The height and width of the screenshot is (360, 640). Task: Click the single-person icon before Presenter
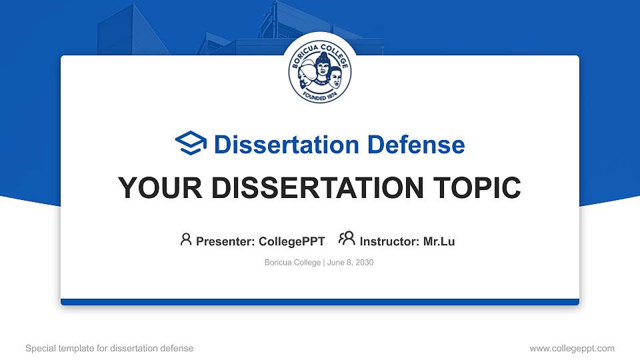pos(186,239)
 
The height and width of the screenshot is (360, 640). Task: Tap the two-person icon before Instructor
pos(347,239)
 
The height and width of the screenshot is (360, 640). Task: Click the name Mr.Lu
pos(439,241)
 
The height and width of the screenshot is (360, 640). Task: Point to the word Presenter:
pos(225,241)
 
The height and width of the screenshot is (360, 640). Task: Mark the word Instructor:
pos(390,241)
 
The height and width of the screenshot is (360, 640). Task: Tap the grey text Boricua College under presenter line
pos(293,263)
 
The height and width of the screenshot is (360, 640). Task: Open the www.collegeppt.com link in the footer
pos(571,348)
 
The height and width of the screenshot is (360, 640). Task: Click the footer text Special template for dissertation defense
pos(109,348)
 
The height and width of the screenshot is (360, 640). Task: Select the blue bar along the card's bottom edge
pos(320,302)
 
